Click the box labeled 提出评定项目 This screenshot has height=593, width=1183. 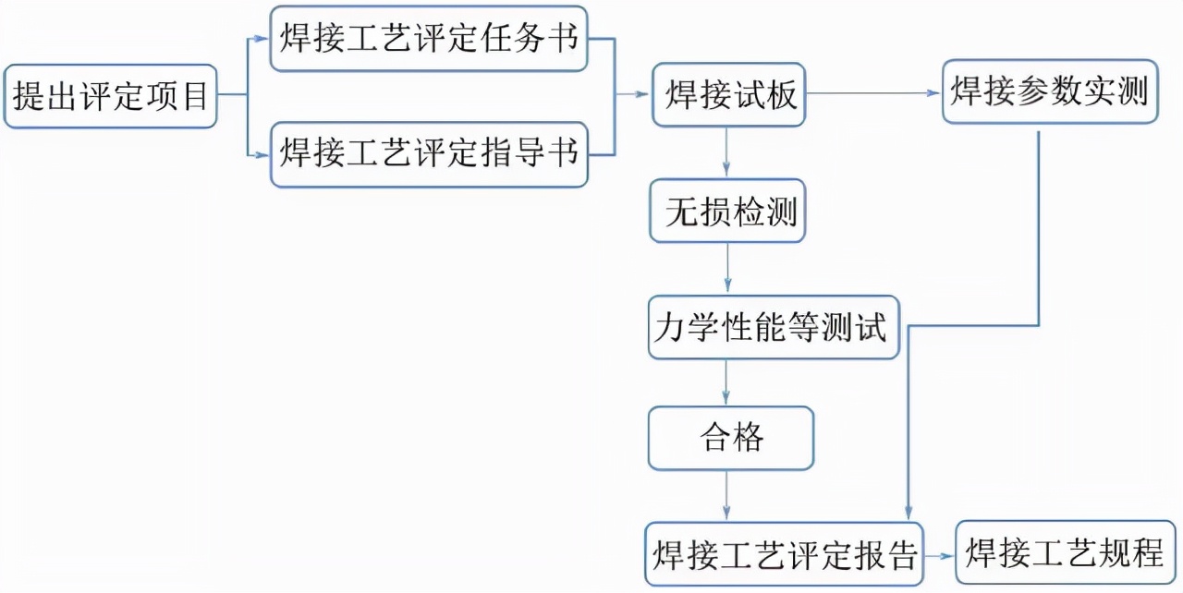tap(110, 96)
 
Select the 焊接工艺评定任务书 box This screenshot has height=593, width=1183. tap(429, 39)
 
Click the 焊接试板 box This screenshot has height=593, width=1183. tap(728, 95)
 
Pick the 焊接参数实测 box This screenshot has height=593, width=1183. tap(1049, 92)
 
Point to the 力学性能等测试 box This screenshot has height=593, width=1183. tap(773, 327)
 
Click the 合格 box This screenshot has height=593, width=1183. tap(730, 438)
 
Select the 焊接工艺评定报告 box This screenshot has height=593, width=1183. tap(784, 554)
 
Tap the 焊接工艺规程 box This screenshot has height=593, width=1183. tap(1066, 553)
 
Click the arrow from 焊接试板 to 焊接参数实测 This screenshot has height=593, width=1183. tap(873, 93)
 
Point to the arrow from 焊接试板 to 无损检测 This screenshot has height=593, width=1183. tap(726, 151)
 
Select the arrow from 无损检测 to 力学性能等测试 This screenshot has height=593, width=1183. tap(727, 269)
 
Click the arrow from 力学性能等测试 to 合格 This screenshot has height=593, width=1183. tap(726, 382)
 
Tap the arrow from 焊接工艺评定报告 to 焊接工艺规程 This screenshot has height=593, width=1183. tap(938, 555)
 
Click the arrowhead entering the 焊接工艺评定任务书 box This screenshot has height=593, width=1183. tap(262, 39)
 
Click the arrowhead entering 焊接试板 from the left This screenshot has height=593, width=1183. tap(644, 94)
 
